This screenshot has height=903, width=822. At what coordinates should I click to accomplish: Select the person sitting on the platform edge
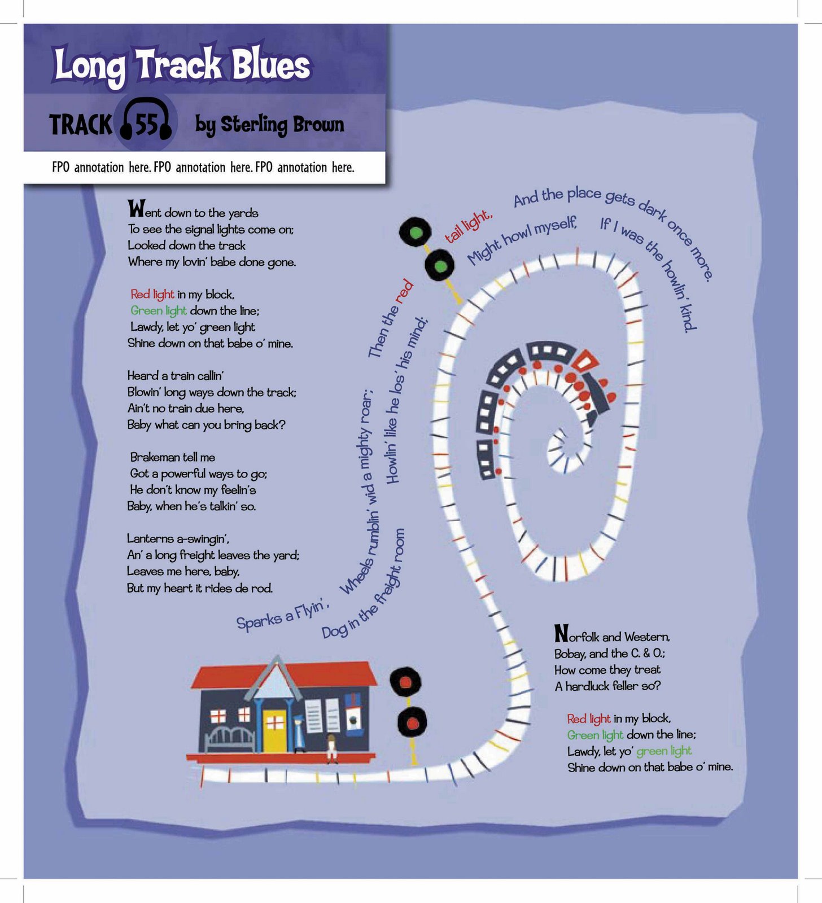click(x=332, y=748)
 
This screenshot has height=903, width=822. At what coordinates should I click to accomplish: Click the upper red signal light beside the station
click(x=405, y=681)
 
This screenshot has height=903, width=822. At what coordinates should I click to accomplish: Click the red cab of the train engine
click(x=587, y=361)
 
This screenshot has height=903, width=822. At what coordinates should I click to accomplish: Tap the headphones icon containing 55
click(x=146, y=121)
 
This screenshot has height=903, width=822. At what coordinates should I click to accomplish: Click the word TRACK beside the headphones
click(x=80, y=125)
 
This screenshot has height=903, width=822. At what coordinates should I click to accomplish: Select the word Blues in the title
click(x=270, y=65)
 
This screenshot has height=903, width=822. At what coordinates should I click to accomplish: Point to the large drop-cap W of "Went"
click(x=136, y=209)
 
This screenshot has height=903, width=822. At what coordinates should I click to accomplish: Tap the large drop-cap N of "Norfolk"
click(x=561, y=633)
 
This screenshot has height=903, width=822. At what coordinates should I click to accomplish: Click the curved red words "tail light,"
click(x=469, y=226)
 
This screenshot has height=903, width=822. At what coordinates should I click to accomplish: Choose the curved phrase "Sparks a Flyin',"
click(x=282, y=615)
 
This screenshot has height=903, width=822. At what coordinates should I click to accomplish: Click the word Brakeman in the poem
click(x=152, y=457)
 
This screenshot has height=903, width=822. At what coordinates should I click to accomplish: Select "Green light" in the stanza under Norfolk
click(x=595, y=735)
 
